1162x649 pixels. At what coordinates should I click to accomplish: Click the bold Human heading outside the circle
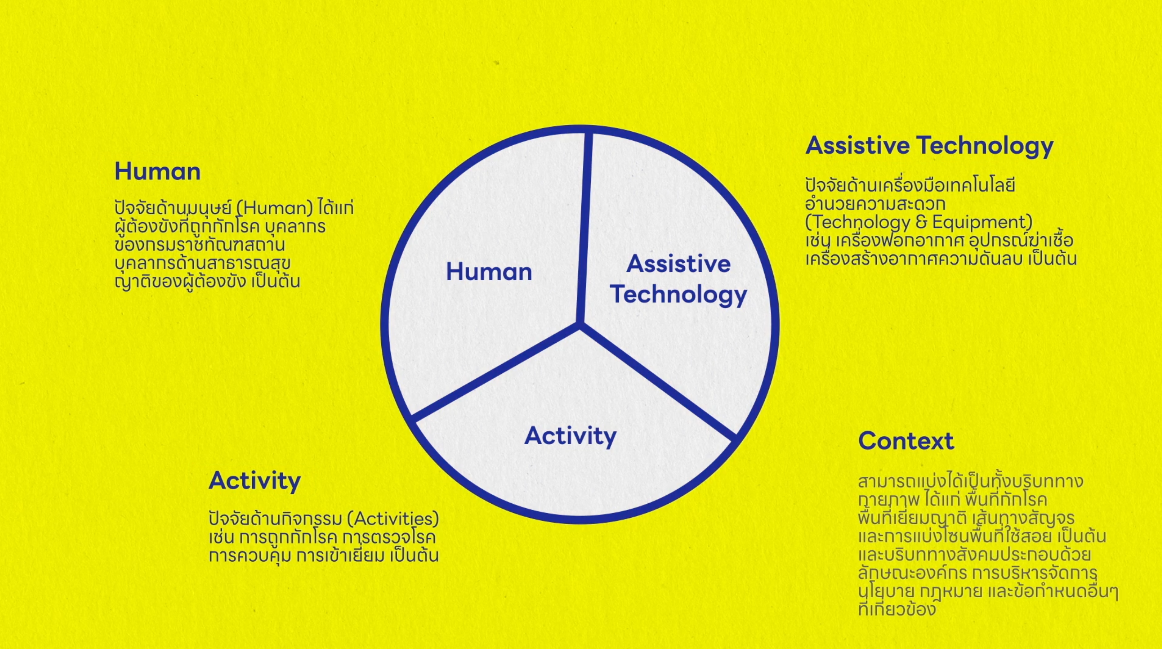point(157,172)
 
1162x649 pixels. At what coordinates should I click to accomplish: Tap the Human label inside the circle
point(489,272)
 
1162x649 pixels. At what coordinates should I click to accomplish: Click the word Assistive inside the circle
point(678,264)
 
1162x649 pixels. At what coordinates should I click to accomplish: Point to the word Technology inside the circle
point(678,295)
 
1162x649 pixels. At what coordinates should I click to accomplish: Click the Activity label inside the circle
point(570,436)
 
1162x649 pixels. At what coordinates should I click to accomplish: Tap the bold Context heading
point(906,440)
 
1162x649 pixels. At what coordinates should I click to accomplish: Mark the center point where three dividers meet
point(579,324)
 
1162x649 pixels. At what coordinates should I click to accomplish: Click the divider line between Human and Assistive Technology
point(584,228)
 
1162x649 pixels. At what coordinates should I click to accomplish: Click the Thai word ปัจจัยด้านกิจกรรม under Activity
point(276,519)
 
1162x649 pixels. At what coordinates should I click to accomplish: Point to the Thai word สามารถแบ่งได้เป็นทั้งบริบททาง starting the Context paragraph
point(970,481)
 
